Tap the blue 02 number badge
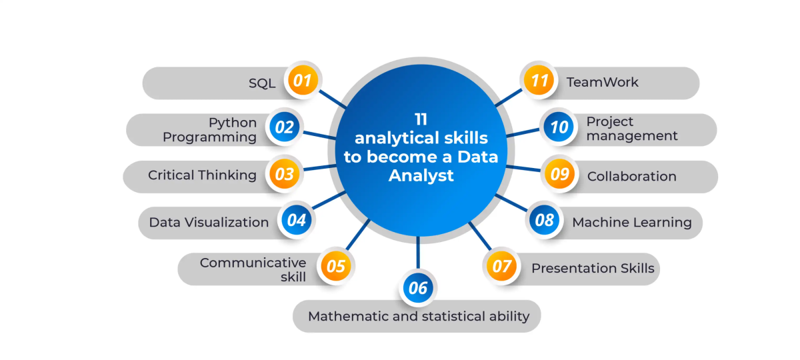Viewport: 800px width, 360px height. (x=285, y=127)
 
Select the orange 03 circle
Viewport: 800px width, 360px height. (x=285, y=175)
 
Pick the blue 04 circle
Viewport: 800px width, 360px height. (x=297, y=220)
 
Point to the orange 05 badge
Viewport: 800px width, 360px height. (x=337, y=266)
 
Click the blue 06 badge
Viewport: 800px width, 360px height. (x=418, y=289)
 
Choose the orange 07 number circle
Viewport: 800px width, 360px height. (x=501, y=267)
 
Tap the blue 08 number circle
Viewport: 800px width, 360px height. (x=545, y=220)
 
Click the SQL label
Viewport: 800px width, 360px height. (x=262, y=83)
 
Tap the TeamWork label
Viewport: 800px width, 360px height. (x=602, y=83)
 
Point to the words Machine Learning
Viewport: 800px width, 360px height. (x=631, y=222)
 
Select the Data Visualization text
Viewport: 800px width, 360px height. (x=209, y=223)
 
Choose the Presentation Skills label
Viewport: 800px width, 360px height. (x=593, y=269)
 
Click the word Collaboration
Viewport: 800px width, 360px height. (x=631, y=177)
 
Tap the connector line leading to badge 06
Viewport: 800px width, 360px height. (x=418, y=255)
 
